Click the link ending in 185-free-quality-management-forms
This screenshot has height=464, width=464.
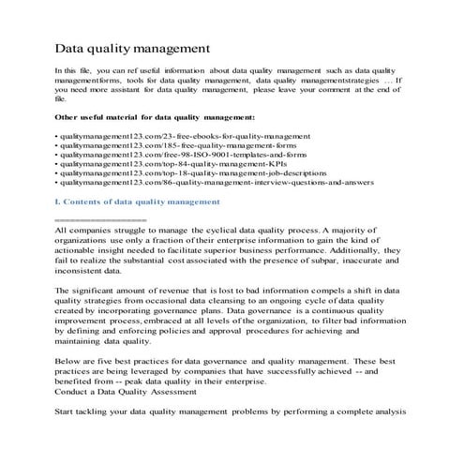coord(178,148)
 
